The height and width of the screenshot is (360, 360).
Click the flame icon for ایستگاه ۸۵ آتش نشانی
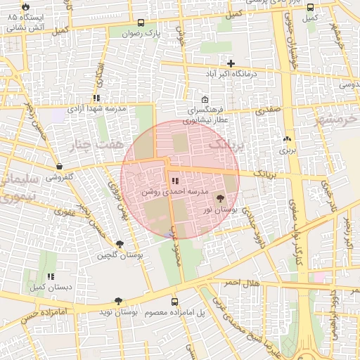tap(27, 6)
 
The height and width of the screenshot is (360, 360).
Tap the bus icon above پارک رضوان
tap(141, 22)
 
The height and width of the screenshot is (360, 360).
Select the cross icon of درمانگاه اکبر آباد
tap(231, 64)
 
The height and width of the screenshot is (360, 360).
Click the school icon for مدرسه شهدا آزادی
tap(96, 98)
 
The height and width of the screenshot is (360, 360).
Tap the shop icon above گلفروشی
tap(59, 167)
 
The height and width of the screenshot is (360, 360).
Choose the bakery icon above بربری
tap(286, 139)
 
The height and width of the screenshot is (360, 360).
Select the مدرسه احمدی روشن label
tap(175, 191)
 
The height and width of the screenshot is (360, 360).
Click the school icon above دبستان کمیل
tap(50, 277)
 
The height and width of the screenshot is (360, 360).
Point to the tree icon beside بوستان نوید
tap(117, 301)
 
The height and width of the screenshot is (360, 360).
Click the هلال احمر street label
tap(242, 283)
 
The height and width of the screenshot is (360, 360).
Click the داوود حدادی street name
tap(250, 226)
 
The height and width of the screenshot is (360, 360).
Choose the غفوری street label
tap(64, 210)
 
